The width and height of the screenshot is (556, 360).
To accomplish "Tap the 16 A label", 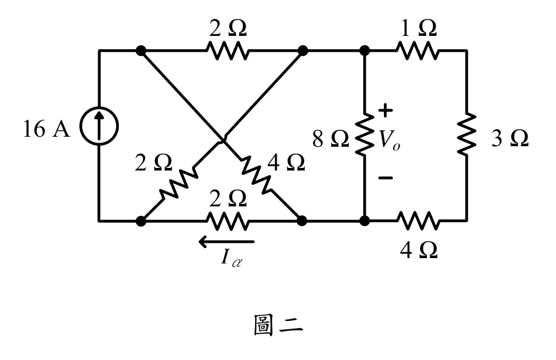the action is (x=46, y=129).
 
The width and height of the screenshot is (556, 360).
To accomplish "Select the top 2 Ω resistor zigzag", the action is (x=228, y=51).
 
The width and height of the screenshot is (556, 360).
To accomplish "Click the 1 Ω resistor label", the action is (x=418, y=28).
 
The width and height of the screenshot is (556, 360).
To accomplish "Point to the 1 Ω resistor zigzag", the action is (x=418, y=51).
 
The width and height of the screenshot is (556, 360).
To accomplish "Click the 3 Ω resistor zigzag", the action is (x=467, y=134).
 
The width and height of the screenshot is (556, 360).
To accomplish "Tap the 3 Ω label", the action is (x=510, y=138).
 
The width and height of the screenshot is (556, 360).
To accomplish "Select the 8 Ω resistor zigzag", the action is (x=364, y=134).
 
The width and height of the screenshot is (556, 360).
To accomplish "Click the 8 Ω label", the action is (x=331, y=138).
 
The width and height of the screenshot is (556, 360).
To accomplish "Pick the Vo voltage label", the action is (x=389, y=140).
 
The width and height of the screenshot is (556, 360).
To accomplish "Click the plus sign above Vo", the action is (x=385, y=110).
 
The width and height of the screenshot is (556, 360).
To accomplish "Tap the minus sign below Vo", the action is (x=385, y=177).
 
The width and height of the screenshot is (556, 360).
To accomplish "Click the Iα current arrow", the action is (x=227, y=242).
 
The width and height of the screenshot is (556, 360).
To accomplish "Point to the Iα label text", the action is (x=231, y=258).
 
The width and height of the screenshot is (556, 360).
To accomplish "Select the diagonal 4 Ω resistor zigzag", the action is (x=256, y=175).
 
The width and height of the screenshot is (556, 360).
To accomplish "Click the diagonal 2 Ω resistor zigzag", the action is (x=178, y=184).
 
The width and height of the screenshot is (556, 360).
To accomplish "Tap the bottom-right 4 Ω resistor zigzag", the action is (x=418, y=221).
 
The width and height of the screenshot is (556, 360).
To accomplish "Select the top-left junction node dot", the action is (x=141, y=51).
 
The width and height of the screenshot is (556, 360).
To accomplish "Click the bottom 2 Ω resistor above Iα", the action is (x=228, y=221).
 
